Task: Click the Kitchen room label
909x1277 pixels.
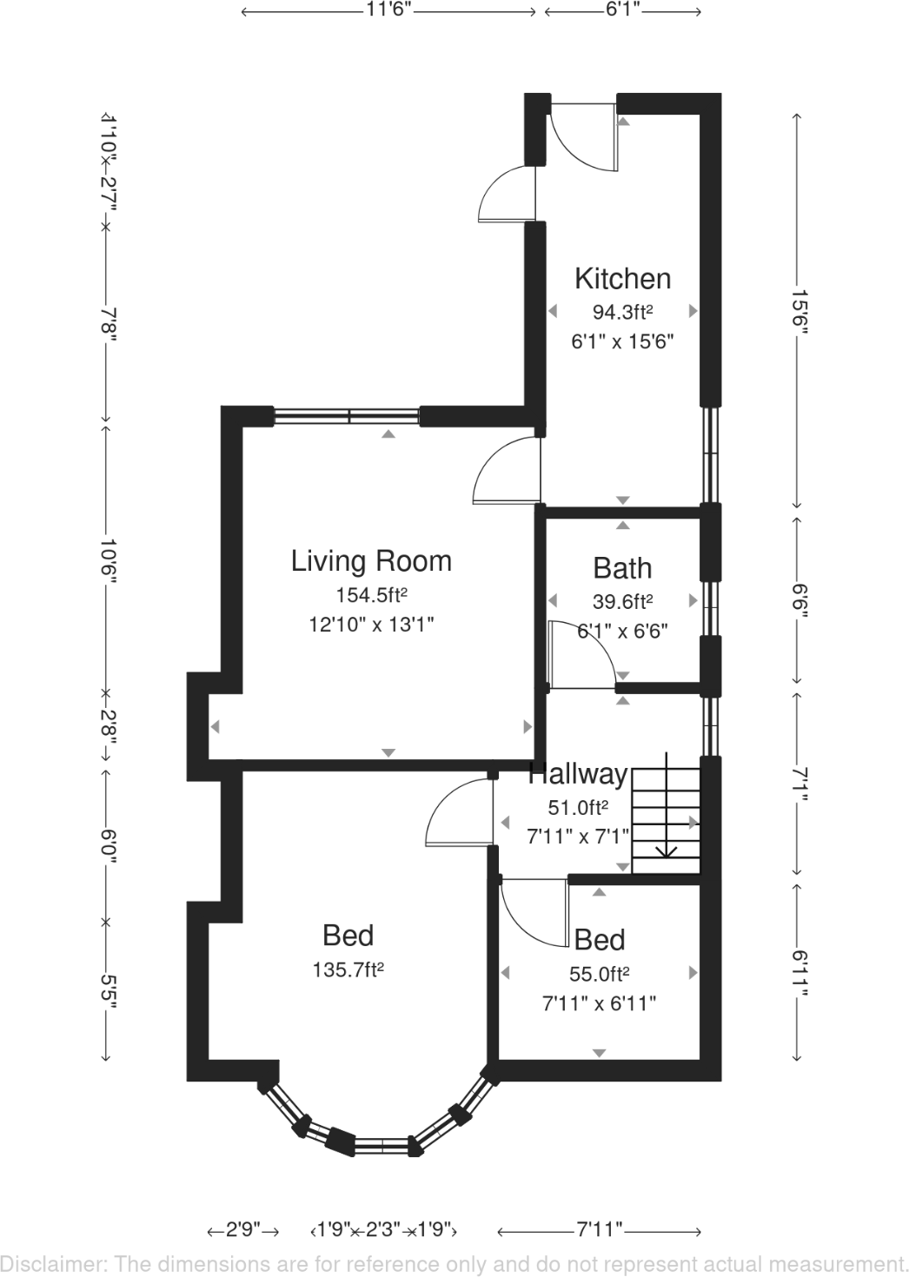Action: click(622, 279)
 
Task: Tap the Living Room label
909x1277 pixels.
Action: click(371, 561)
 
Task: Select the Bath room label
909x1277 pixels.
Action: click(622, 568)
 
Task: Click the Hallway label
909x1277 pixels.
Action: click(578, 773)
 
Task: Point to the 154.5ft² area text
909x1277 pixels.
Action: click(371, 595)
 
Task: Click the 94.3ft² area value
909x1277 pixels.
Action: click(622, 311)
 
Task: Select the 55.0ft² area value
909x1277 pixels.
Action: click(599, 973)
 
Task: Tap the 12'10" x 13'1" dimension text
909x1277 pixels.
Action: click(371, 624)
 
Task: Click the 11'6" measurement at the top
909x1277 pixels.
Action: click(388, 10)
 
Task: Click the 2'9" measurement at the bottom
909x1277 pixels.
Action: click(243, 1230)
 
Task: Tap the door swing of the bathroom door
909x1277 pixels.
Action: click(582, 653)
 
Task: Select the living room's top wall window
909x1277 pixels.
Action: click(348, 416)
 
